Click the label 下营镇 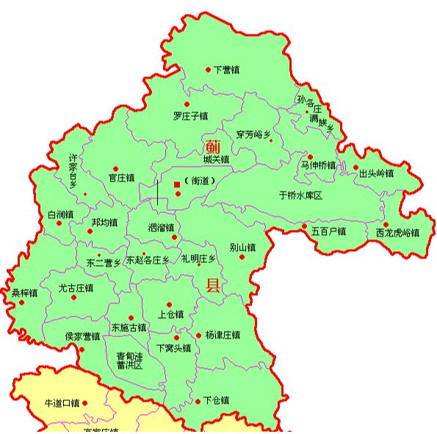pyautogui.click(x=226, y=70)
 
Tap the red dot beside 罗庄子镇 pyautogui.click(x=187, y=104)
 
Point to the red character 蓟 pyautogui.click(x=213, y=145)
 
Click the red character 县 pyautogui.click(x=213, y=286)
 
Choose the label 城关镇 pyautogui.click(x=217, y=159)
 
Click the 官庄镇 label pyautogui.click(x=122, y=178)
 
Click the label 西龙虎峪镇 pyautogui.click(x=397, y=234)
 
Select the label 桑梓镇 pyautogui.click(x=24, y=293)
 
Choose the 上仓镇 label pyautogui.click(x=171, y=314)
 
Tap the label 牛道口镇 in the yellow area pyautogui.click(x=62, y=403)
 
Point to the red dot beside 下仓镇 pyautogui.click(x=196, y=401)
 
